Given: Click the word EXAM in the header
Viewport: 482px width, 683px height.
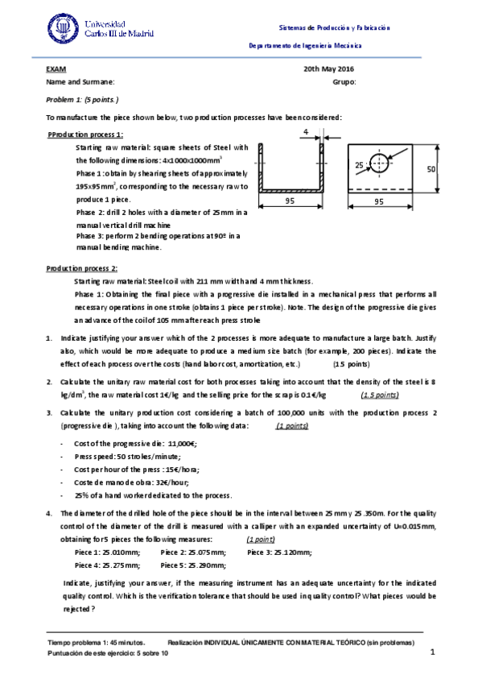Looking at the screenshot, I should tap(56, 70).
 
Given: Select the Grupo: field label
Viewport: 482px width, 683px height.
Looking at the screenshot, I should tap(344, 82).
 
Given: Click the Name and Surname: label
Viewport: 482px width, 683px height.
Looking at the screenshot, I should tap(80, 82).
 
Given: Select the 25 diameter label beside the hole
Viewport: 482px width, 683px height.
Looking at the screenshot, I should tap(359, 164).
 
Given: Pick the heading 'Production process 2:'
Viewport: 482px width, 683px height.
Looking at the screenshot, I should tap(82, 267).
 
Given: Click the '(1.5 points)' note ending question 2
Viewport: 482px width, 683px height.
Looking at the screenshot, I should tap(380, 395).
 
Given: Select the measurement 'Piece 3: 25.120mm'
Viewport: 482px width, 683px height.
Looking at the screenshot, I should tap(279, 552).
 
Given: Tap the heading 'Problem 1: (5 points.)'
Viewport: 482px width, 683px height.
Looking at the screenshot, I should tap(83, 100).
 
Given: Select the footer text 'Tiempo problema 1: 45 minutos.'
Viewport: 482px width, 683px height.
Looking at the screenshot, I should tap(97, 642).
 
